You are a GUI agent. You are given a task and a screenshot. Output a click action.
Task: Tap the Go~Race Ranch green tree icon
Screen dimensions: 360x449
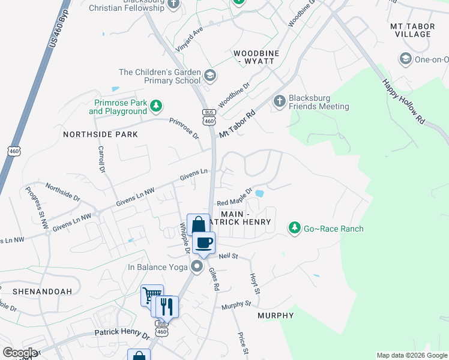click(294, 227)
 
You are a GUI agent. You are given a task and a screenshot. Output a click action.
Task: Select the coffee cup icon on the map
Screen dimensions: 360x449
click(205, 242)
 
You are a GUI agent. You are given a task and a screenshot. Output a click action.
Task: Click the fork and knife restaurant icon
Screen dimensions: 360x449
click(166, 307)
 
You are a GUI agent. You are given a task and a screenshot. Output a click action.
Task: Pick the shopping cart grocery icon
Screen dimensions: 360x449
click(152, 296)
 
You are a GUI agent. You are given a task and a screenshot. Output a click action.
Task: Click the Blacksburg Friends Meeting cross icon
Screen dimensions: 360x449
click(279, 101)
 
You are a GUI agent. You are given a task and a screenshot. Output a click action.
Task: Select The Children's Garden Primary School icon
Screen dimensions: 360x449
click(210, 76)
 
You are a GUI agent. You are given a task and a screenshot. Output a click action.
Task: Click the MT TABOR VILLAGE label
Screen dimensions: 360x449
click(411, 30)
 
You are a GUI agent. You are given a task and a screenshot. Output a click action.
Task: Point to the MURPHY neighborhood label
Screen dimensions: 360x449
click(276, 315)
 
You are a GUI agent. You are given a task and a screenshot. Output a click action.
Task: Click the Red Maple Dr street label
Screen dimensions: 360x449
click(234, 198)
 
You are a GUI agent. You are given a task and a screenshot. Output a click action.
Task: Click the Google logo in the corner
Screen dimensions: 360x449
click(20, 353)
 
